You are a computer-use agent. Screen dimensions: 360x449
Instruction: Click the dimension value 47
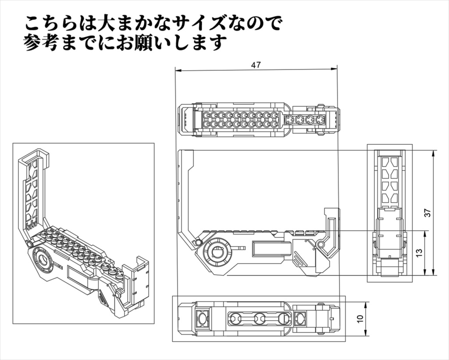(256, 65)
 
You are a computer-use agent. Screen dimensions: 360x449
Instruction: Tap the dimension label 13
(419, 253)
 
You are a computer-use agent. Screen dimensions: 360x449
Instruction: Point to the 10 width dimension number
(360, 319)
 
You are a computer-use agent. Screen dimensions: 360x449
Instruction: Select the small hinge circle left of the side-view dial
(199, 242)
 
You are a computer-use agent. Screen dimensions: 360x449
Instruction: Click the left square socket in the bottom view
(202, 317)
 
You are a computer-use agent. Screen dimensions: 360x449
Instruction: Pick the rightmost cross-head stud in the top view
(321, 119)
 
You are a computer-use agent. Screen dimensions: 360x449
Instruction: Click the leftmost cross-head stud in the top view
(289, 119)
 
